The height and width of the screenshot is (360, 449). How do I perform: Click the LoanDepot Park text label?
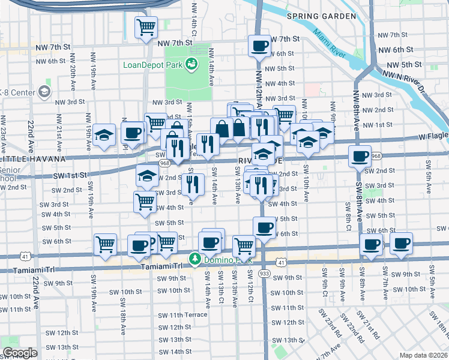[x=152, y=65]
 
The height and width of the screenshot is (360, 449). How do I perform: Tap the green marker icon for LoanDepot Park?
[x=192, y=64]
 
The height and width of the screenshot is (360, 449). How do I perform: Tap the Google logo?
[x=20, y=353]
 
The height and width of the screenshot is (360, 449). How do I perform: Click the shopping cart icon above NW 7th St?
[x=146, y=28]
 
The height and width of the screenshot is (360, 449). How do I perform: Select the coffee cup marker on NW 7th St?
[x=260, y=46]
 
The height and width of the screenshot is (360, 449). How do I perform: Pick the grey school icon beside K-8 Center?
[x=44, y=92]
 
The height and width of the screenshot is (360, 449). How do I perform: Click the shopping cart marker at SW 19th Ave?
[x=105, y=244]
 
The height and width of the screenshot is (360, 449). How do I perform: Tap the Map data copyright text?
[x=423, y=355]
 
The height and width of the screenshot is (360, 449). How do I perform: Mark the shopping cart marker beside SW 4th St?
[x=145, y=202]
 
